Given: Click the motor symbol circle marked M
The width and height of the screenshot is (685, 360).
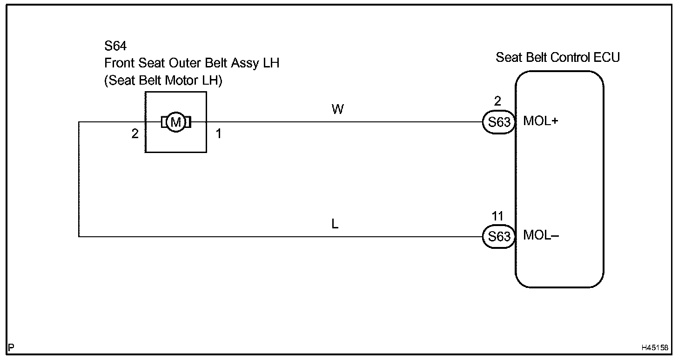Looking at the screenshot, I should [175, 122].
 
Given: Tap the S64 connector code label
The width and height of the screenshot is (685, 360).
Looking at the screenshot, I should [115, 47].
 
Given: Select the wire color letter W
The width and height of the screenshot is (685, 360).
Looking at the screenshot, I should [337, 109].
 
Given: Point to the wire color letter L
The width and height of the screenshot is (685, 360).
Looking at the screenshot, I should [335, 224].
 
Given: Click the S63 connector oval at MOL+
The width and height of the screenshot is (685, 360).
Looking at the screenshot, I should [499, 122].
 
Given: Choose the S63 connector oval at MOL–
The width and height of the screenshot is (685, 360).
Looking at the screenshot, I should [499, 237].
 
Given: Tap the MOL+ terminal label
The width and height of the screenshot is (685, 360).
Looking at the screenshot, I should [541, 121].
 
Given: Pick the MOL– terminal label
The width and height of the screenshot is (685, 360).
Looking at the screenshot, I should [541, 235].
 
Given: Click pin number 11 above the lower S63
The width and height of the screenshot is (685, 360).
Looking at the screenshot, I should [498, 217].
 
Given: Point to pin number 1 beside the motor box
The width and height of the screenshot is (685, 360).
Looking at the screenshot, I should [218, 134].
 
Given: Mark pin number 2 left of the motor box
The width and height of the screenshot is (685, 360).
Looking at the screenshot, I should [135, 134].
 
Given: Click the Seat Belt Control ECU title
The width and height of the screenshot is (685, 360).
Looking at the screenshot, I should [557, 58].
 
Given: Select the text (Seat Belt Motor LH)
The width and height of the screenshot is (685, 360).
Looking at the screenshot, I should [163, 80].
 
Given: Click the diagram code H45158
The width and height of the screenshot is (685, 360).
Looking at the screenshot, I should [655, 347].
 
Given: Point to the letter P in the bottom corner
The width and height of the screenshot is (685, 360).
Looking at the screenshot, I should [11, 347].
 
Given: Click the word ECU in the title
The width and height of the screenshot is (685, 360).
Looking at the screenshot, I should [607, 58].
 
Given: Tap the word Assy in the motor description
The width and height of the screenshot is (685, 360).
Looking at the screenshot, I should [246, 63].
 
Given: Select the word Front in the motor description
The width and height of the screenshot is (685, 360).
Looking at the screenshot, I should [119, 63].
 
